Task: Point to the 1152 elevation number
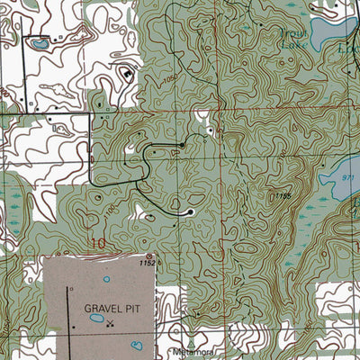(x=149, y=264)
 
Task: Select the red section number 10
(x=98, y=243)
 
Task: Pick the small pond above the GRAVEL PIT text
(x=105, y=279)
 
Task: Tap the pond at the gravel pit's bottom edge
(x=136, y=345)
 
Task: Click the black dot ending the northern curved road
(x=182, y=145)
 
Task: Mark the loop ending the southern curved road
(x=189, y=212)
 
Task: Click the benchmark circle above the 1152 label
(x=149, y=256)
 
